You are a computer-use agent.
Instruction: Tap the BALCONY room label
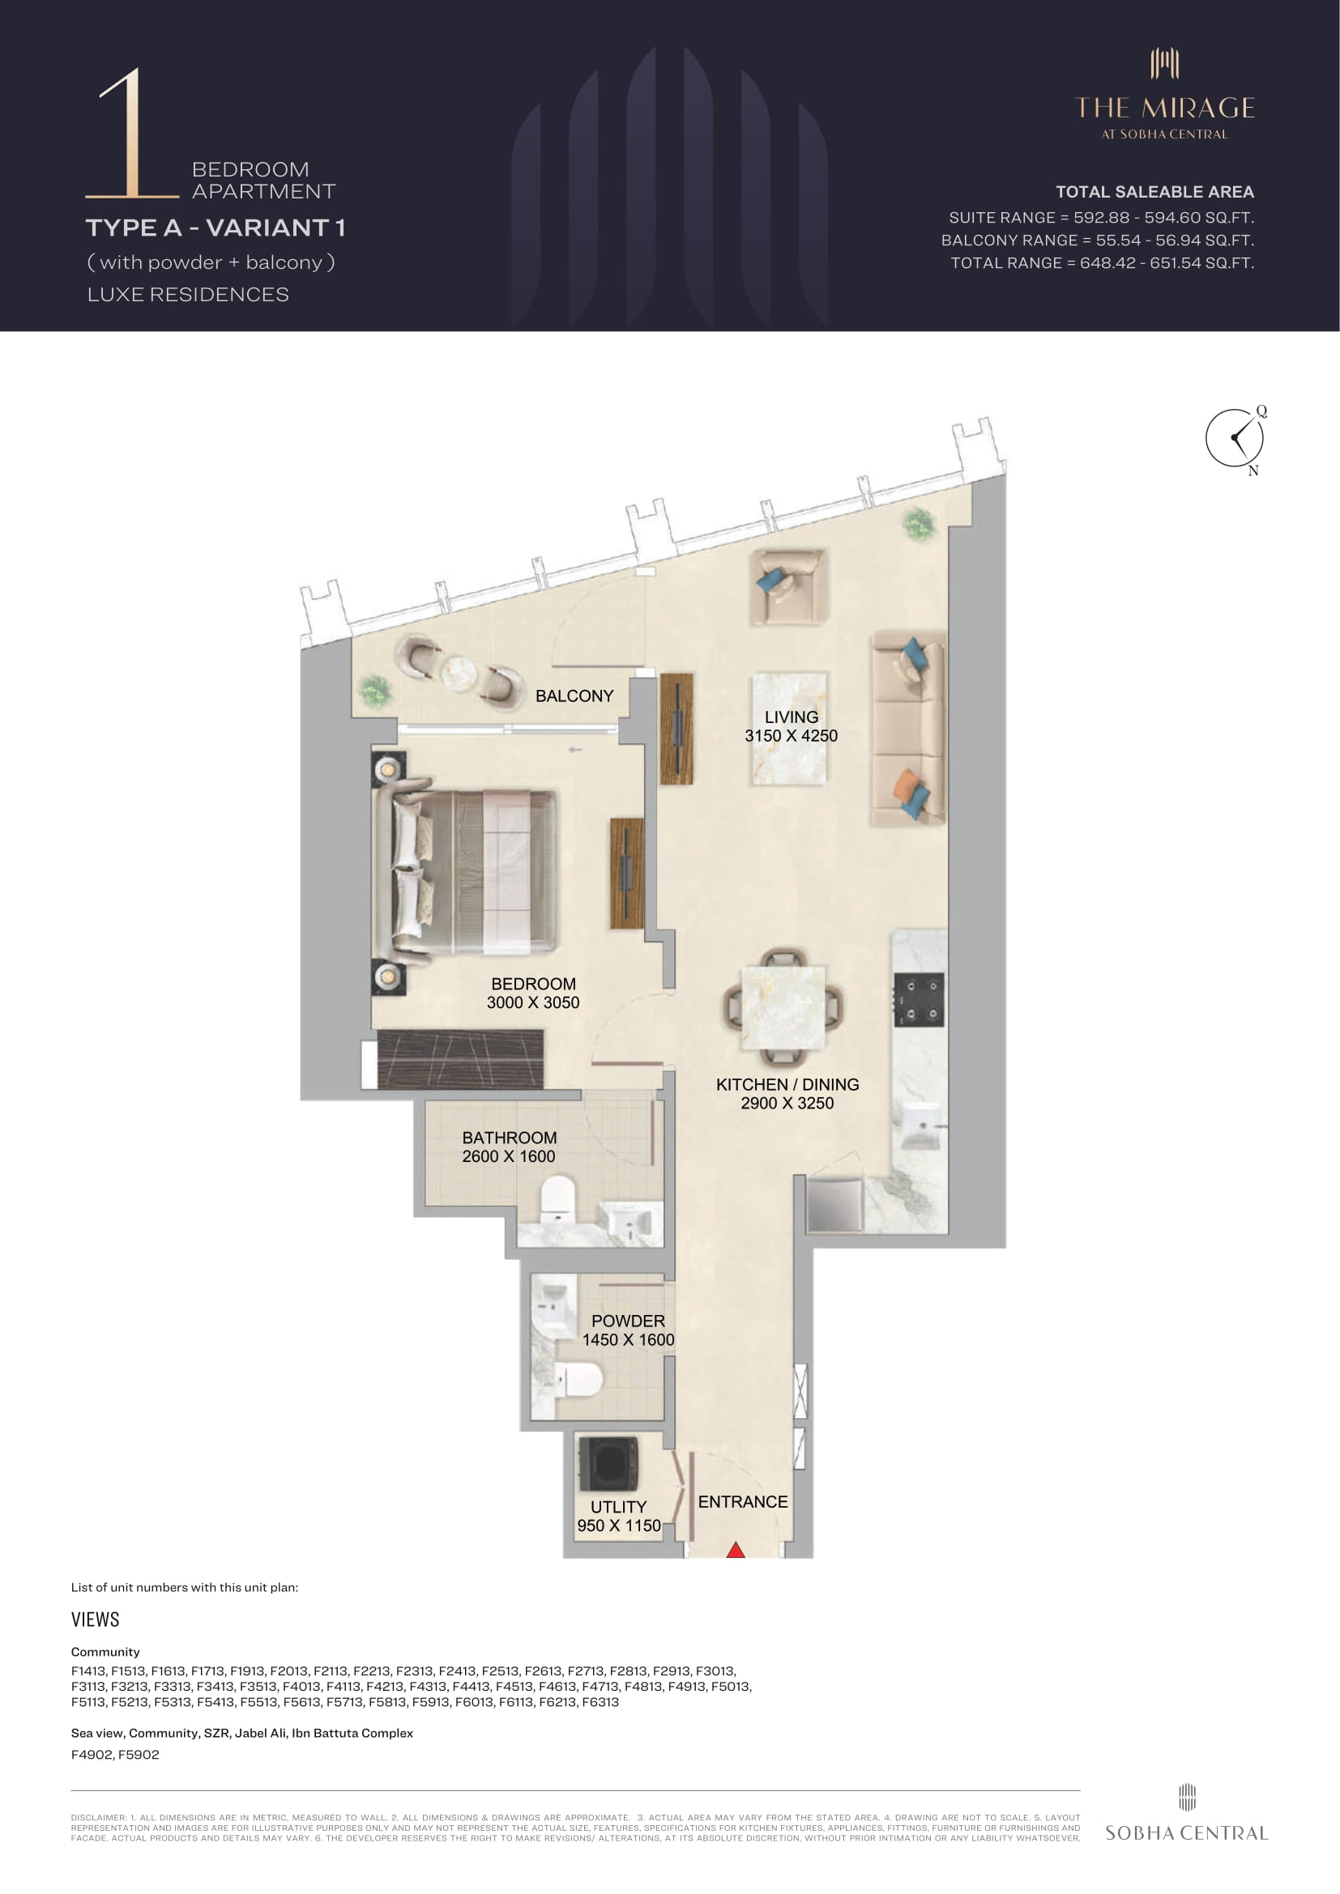tap(574, 696)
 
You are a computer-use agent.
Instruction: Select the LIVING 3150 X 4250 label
tap(792, 726)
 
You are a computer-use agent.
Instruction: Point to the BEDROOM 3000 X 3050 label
tap(533, 994)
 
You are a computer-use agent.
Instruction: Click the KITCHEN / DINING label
tap(787, 1084)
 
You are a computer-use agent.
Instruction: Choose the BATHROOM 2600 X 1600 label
tap(509, 1147)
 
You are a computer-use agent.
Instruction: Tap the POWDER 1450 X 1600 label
tap(629, 1330)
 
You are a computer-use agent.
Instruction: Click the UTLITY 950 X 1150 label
tap(619, 1516)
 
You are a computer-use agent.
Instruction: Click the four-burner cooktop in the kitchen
tap(920, 1000)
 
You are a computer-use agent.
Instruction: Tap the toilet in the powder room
tap(579, 1379)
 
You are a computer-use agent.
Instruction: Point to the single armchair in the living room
tap(788, 587)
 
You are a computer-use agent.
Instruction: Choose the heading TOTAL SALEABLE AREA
tap(1154, 192)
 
